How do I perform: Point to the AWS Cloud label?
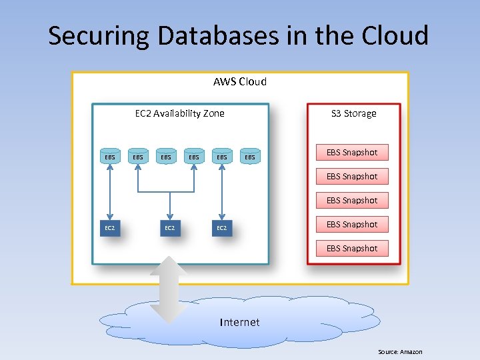[240, 82]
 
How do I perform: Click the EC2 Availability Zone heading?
[180, 113]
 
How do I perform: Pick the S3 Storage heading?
[354, 113]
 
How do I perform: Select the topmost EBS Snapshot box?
[352, 153]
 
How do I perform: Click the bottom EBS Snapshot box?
[352, 249]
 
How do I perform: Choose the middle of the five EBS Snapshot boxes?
[352, 201]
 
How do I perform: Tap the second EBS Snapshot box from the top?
[352, 177]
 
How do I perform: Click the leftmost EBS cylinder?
[110, 157]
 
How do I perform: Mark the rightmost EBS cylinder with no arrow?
[250, 157]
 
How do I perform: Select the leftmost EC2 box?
[110, 228]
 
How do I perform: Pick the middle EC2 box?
[170, 228]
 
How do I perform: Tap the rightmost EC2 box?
[222, 228]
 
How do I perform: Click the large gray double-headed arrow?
[170, 289]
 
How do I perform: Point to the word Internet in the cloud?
[240, 323]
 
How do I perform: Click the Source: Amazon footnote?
[400, 352]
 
